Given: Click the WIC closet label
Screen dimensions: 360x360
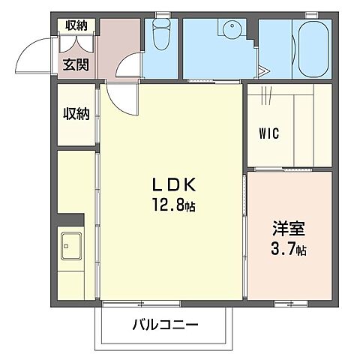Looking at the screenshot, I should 269,135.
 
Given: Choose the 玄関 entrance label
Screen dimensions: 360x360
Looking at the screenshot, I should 76,64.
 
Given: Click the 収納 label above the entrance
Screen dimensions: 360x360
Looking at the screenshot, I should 76,25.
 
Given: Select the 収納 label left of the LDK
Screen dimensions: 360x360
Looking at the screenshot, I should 76,114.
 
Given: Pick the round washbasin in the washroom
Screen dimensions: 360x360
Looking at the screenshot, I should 231,31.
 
